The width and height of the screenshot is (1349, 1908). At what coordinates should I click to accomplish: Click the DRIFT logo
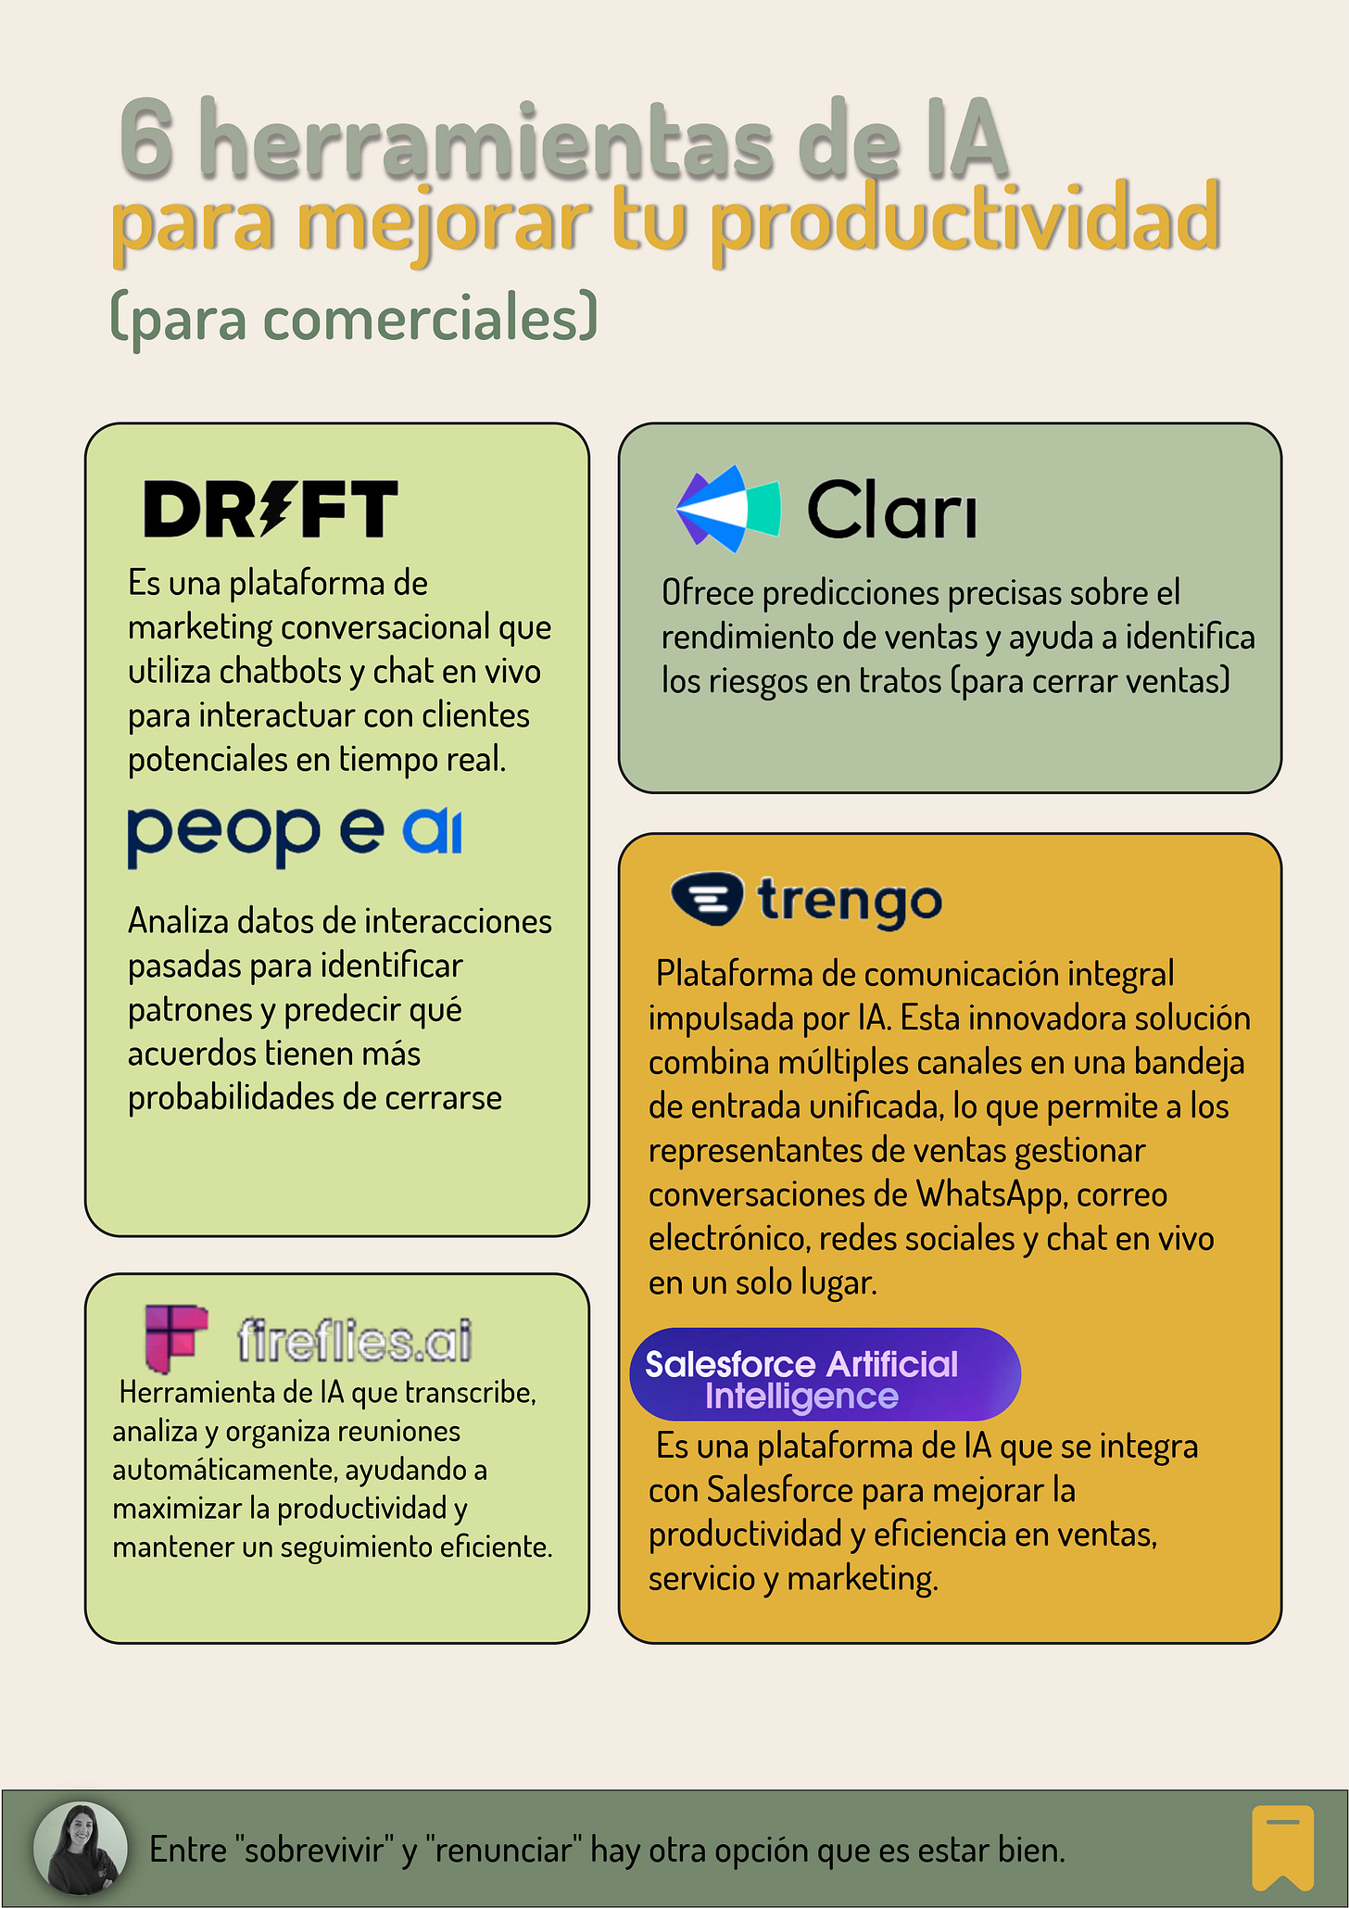click(x=271, y=509)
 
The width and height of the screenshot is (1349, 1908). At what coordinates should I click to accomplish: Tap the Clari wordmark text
click(x=891, y=511)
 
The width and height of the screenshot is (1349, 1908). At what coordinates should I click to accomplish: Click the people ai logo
click(x=294, y=833)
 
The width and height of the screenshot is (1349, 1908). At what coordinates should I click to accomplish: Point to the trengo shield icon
click(x=706, y=898)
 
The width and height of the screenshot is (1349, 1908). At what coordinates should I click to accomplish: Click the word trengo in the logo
click(x=850, y=901)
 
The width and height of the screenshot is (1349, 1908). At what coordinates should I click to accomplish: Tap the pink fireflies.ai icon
click(x=175, y=1337)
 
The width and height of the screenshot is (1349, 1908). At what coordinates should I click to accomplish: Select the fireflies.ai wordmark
click(x=354, y=1340)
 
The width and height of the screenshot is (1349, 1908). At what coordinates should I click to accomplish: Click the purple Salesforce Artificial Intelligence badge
click(x=824, y=1374)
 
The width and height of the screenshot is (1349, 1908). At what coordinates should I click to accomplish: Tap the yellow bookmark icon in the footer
click(x=1282, y=1847)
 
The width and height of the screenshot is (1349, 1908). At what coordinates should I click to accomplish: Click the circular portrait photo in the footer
click(x=81, y=1848)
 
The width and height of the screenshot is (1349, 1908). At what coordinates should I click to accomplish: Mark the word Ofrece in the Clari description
click(x=707, y=593)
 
